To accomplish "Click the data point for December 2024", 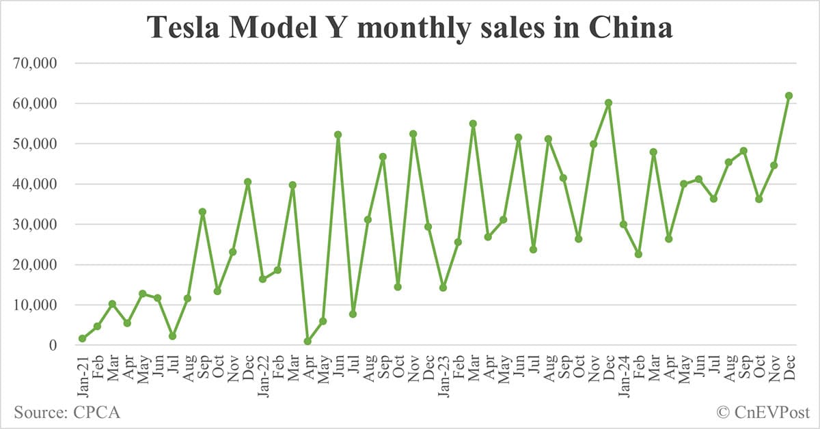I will click(x=789, y=96).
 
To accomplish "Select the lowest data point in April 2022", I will click(x=307, y=341).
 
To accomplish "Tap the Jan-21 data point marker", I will click(x=82, y=338).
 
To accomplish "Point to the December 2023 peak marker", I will click(x=608, y=103).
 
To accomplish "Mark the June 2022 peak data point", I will click(x=338, y=135).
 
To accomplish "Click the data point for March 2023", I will click(x=473, y=124).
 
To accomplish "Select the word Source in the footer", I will click(x=38, y=412).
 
